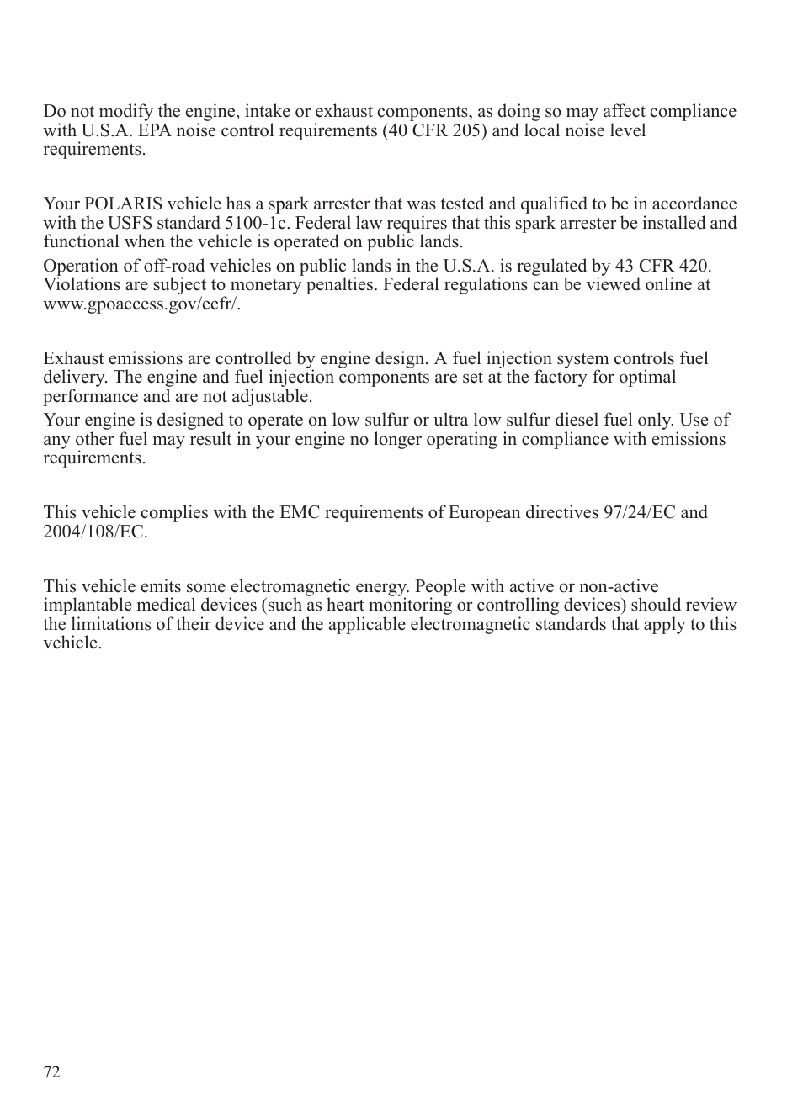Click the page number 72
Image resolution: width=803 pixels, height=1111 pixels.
[x=52, y=1072]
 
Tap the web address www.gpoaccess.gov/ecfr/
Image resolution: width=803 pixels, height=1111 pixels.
[x=141, y=304]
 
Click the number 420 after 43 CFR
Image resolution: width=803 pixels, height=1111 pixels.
[x=694, y=267]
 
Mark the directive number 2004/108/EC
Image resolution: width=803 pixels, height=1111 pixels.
[x=94, y=532]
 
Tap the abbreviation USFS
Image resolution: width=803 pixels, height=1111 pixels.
[x=129, y=224]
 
